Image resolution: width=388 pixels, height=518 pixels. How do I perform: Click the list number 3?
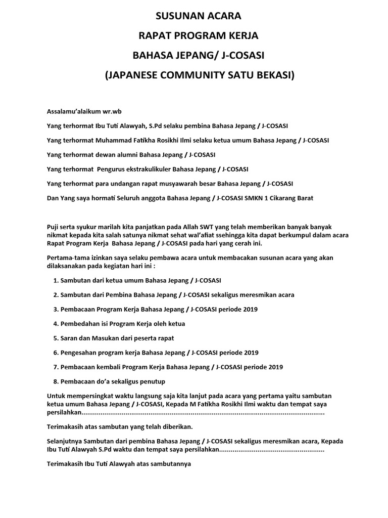(55, 309)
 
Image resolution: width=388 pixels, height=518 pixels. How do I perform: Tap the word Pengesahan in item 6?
(77, 353)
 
